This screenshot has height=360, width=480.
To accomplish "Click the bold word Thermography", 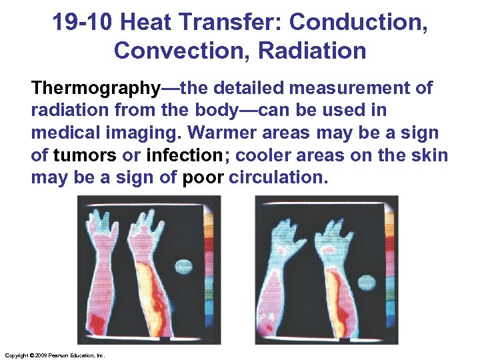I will tap(96, 88).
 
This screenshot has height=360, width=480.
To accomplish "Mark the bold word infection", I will tap(183, 155).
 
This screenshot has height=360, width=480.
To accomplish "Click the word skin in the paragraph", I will tap(431, 155).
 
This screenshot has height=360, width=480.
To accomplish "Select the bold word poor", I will tap(203, 178).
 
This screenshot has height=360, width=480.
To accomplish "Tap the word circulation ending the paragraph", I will tap(278, 178).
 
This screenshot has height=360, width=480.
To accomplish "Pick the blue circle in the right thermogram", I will tap(367, 283).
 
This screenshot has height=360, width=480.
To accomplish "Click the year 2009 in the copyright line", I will tap(35, 355).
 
